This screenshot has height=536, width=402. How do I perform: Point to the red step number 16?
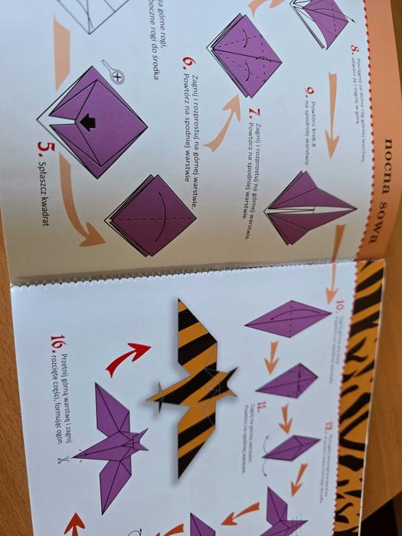click(x=57, y=342)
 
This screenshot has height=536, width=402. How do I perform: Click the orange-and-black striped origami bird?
click(x=194, y=387)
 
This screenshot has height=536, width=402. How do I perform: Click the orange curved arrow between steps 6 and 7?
click(x=222, y=122)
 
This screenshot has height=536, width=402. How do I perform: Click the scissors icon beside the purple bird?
click(x=59, y=460)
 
